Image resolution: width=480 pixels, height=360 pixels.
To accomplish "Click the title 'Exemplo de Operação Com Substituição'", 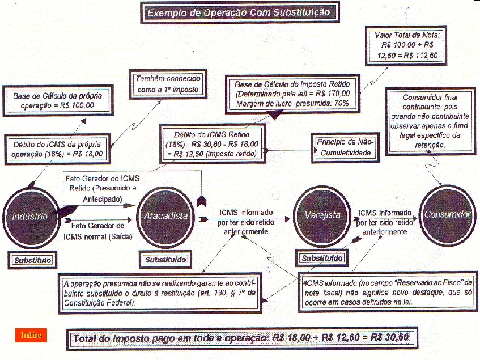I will tap(240, 12).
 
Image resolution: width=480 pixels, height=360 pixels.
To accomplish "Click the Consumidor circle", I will tap(448, 215).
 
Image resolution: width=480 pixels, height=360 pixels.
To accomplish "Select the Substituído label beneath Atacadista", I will tap(164, 260).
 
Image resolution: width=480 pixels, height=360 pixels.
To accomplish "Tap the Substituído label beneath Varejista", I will tap(321, 259).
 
